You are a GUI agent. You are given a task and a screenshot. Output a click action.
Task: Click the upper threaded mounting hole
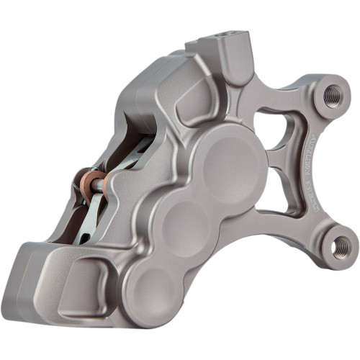(332, 95)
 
